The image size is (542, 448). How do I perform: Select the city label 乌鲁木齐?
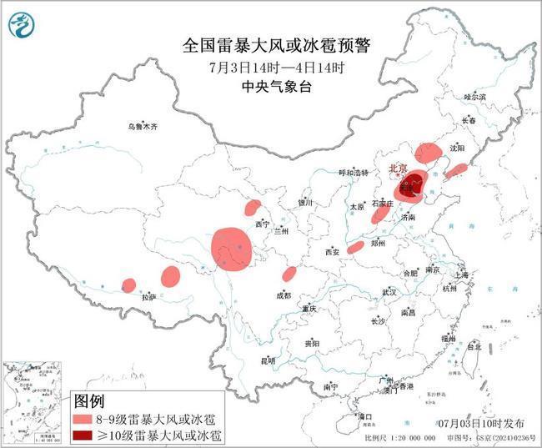point(143,126)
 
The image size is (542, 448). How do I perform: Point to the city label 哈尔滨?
point(474,97)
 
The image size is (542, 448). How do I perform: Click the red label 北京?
point(397,169)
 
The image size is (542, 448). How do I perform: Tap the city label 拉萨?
point(148,296)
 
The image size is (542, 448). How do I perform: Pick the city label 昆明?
point(268,360)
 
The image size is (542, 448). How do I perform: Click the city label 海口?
point(364,415)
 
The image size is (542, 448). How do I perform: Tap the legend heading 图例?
point(90,400)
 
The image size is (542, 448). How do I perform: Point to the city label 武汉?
point(389,293)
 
